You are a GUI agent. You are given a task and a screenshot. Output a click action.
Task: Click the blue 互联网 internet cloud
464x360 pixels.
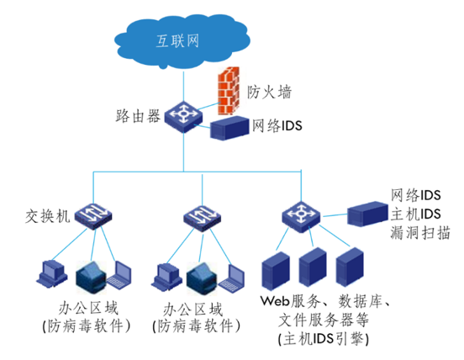click(182, 40)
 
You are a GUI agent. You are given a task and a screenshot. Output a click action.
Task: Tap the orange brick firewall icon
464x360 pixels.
click(229, 91)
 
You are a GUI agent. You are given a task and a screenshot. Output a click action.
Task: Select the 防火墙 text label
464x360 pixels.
click(269, 92)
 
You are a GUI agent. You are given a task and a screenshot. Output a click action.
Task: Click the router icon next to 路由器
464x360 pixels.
click(184, 116)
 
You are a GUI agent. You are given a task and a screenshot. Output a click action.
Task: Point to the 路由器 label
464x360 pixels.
click(138, 116)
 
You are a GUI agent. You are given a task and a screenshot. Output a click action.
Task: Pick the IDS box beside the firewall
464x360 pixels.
click(229, 128)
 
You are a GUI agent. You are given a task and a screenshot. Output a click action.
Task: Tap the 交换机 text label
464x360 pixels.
click(48, 216)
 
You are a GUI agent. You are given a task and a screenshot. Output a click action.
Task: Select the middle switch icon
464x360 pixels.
click(203, 218)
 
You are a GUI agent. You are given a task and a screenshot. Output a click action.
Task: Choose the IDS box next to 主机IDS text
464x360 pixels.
click(367, 214)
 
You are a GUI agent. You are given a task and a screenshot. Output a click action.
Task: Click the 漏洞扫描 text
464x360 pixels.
click(420, 233)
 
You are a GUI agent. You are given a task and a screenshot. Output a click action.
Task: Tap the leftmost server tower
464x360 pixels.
click(276, 271)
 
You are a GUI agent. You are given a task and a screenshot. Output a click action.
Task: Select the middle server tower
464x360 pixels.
click(313, 267)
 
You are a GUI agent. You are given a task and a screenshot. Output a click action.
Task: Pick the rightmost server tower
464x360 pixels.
click(350, 267)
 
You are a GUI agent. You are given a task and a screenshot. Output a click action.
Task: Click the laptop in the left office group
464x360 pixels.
click(119, 274)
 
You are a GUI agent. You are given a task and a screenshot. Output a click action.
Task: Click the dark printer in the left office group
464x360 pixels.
click(91, 277)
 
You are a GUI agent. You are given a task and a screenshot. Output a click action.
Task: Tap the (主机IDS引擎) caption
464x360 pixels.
click(324, 339)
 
